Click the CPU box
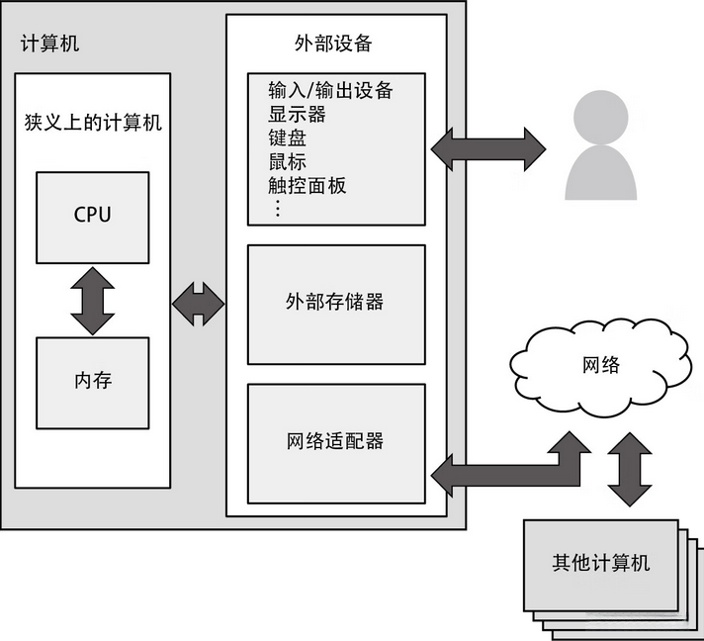92,216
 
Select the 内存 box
92,381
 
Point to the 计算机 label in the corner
50,44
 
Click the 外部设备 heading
333,45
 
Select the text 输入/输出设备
330,91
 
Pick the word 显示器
297,115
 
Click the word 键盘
287,138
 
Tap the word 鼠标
287,162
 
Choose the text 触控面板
307,185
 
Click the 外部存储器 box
334,302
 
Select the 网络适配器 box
334,441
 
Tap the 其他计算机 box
600,563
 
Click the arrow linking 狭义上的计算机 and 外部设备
198,304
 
